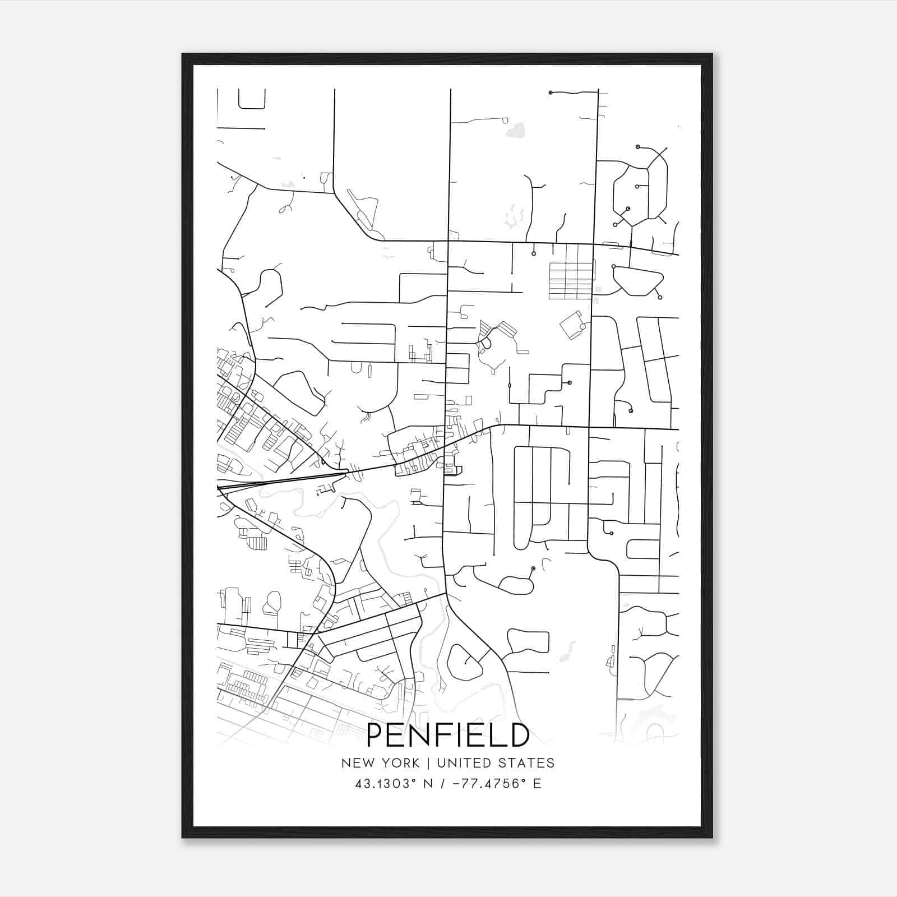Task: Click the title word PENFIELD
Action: [x=447, y=736]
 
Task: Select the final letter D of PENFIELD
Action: [x=520, y=736]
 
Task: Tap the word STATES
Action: [x=527, y=763]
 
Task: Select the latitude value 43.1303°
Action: [x=387, y=784]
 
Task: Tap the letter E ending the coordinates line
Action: [x=537, y=784]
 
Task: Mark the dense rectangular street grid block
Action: [x=570, y=280]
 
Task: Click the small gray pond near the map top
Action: [x=515, y=131]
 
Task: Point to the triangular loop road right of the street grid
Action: [x=638, y=280]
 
